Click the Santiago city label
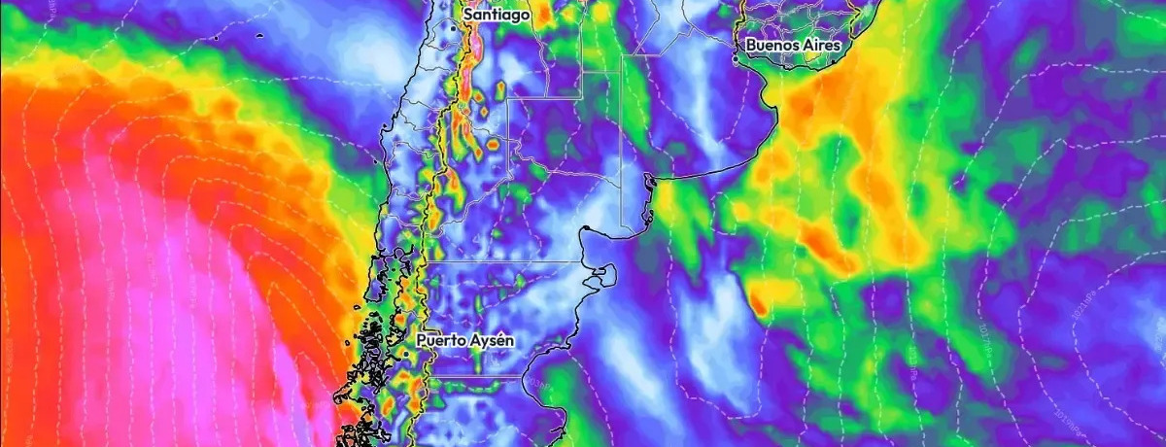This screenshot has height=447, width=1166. [496, 16]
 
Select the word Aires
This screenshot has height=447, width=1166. [818, 45]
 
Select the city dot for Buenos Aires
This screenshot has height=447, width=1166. [833, 60]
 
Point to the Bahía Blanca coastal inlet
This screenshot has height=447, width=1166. [648, 179]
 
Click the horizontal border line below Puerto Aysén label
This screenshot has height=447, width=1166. [476, 376]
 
